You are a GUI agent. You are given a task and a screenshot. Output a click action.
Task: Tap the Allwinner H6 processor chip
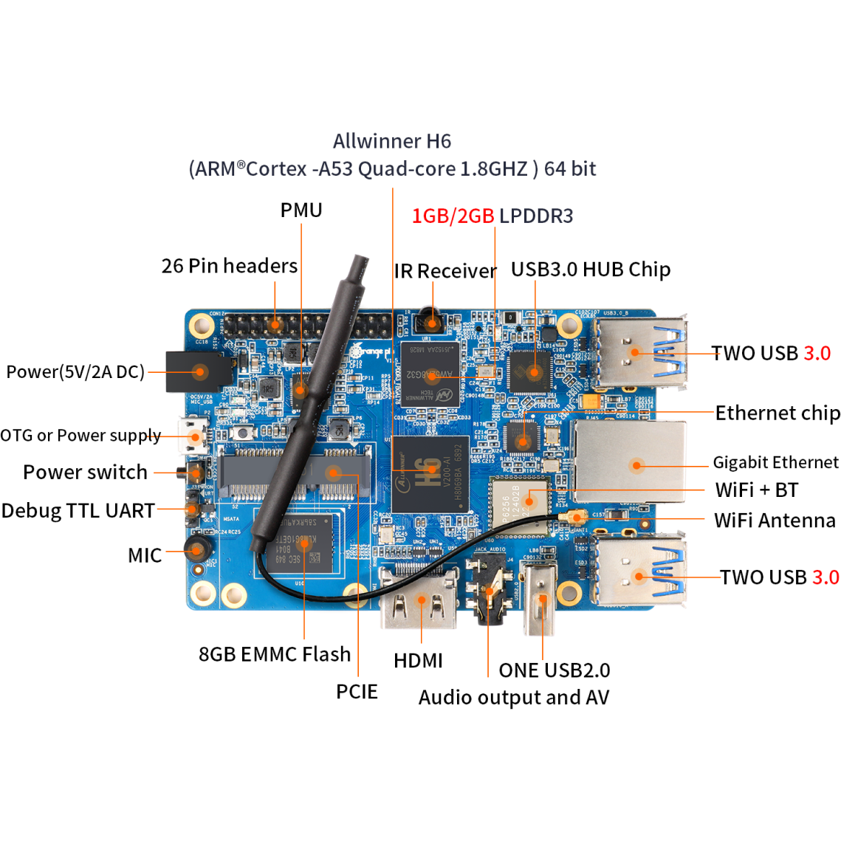coord(430,473)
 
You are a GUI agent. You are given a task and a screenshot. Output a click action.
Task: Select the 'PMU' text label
coord(301,210)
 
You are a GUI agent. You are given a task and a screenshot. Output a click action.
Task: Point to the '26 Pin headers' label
coord(230,266)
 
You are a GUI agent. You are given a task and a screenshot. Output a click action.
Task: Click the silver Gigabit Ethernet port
coord(631,463)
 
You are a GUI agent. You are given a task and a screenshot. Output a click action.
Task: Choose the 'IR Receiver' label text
coord(445,271)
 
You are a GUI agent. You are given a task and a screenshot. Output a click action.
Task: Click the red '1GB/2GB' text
coord(453,216)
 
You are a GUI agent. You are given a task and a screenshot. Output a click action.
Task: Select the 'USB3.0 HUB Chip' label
coord(591,270)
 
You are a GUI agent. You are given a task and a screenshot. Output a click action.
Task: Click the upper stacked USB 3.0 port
coord(639,352)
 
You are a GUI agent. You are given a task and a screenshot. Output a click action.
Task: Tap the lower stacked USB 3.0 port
coord(639,574)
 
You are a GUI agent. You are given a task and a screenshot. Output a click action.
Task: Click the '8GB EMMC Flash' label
coord(275,654)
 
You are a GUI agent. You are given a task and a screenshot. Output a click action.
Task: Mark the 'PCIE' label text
coord(357,692)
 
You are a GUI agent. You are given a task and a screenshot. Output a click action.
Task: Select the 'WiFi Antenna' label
coord(775,521)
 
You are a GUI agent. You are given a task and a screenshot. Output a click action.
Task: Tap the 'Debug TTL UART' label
coord(78,511)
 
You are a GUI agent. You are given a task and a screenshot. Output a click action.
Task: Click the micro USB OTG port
coord(193,436)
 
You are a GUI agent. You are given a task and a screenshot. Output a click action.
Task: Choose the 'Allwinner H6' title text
coord(391,141)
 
